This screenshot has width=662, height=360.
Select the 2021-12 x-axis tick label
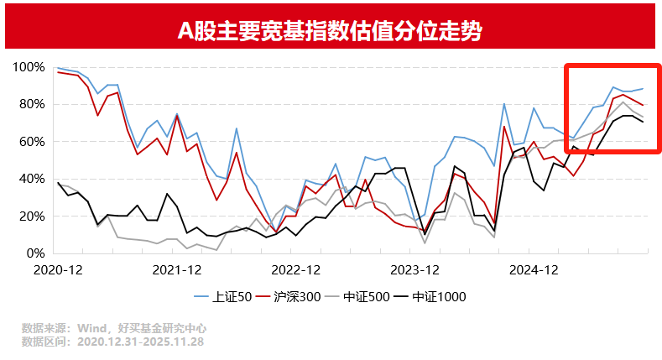[x=177, y=269]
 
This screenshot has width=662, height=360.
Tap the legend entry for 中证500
[x=362, y=296]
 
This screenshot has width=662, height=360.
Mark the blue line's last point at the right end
[x=643, y=89]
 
